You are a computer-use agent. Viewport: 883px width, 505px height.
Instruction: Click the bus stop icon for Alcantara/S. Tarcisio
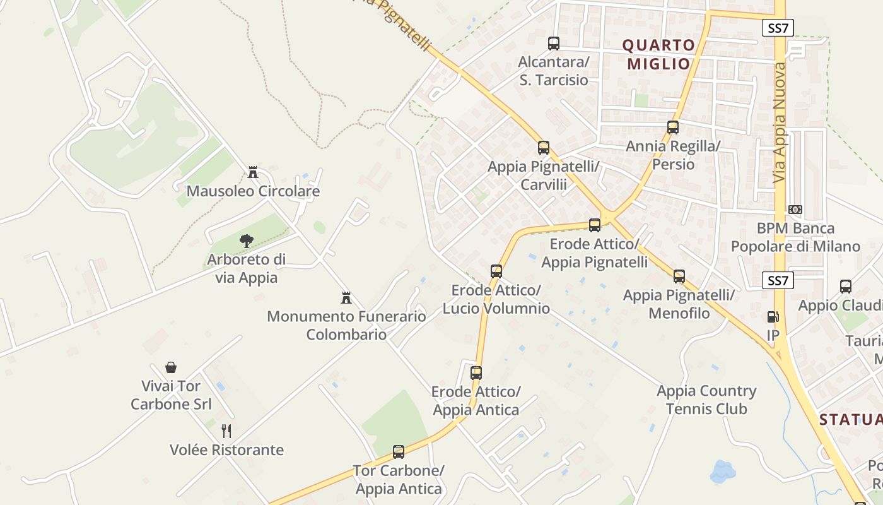pyautogui.click(x=554, y=44)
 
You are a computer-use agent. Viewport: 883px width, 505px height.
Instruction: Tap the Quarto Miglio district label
pyautogui.click(x=658, y=54)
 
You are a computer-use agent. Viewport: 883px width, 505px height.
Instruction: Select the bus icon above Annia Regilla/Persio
pyautogui.click(x=673, y=128)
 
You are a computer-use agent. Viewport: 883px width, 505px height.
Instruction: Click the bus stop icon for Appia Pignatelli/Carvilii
pyautogui.click(x=544, y=148)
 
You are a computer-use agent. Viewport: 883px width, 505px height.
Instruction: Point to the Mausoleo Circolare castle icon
pyautogui.click(x=253, y=172)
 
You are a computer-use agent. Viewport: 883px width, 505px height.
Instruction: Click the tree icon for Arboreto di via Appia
pyautogui.click(x=246, y=240)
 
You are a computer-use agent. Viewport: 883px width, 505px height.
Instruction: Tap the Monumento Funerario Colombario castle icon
pyautogui.click(x=346, y=297)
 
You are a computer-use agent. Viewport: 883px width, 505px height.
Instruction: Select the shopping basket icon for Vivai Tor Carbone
pyautogui.click(x=171, y=367)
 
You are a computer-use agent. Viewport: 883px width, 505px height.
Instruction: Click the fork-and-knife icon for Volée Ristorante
pyautogui.click(x=226, y=431)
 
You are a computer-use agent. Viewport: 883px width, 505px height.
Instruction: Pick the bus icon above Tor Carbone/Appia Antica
pyautogui.click(x=399, y=452)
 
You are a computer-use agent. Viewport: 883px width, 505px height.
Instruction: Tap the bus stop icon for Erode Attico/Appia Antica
pyautogui.click(x=476, y=372)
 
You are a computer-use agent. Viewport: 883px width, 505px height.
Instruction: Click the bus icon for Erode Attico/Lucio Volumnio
pyautogui.click(x=496, y=271)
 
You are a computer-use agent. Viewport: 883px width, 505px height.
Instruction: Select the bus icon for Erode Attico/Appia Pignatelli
pyautogui.click(x=594, y=225)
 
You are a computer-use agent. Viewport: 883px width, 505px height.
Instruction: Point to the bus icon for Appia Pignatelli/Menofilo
pyautogui.click(x=679, y=276)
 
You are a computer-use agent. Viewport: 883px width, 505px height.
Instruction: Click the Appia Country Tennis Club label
pyautogui.click(x=706, y=400)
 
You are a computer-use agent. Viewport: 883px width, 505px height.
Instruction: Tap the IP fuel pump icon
pyautogui.click(x=773, y=317)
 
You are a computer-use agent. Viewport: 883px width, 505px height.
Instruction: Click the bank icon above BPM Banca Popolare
pyautogui.click(x=795, y=210)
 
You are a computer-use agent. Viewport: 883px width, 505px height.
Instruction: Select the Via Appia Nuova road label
pyautogui.click(x=781, y=123)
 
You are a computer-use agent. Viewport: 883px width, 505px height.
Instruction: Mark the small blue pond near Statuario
pyautogui.click(x=723, y=471)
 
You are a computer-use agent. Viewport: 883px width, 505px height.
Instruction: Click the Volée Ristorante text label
pyautogui.click(x=226, y=450)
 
